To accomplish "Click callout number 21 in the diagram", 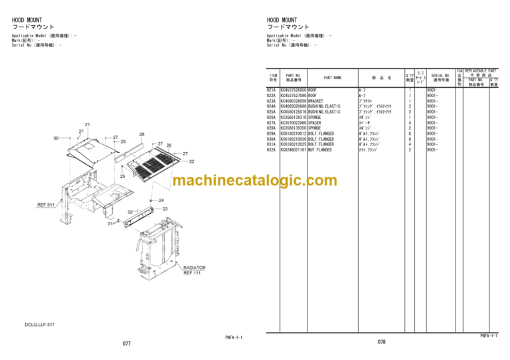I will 88,124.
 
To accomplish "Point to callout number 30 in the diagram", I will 56,137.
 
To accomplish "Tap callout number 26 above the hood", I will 141,134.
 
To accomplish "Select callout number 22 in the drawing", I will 192,161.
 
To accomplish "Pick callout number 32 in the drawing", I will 130,213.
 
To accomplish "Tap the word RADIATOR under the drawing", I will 195,268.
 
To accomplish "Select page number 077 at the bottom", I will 126,344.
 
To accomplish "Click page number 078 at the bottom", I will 381,341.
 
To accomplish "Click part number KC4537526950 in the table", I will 294,90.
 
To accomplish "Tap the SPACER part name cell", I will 317,123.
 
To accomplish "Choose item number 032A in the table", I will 271,150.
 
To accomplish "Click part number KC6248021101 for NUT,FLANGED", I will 294,150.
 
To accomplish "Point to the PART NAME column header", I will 333,78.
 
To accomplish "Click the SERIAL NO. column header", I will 440,78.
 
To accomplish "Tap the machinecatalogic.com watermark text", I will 254,181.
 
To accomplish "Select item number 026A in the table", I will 271,118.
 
